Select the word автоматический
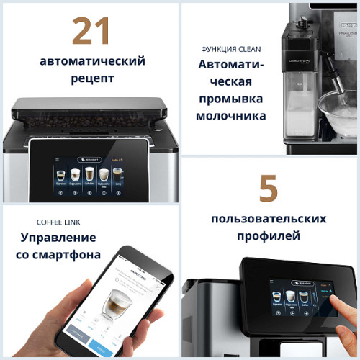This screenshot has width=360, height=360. [x=91, y=60]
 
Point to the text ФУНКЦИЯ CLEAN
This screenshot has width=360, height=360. [x=230, y=49]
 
